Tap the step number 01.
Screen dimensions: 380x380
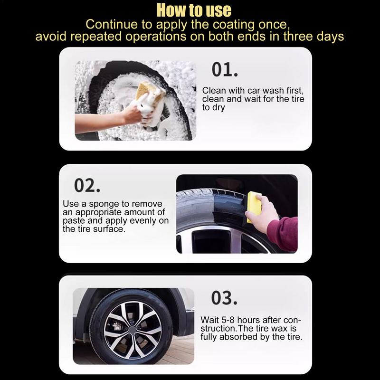tap(224, 70)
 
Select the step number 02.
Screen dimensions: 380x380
tap(87, 185)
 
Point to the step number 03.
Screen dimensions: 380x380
tap(224, 298)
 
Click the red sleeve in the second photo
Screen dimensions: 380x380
tap(284, 233)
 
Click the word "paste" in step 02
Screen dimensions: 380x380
tap(74, 221)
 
